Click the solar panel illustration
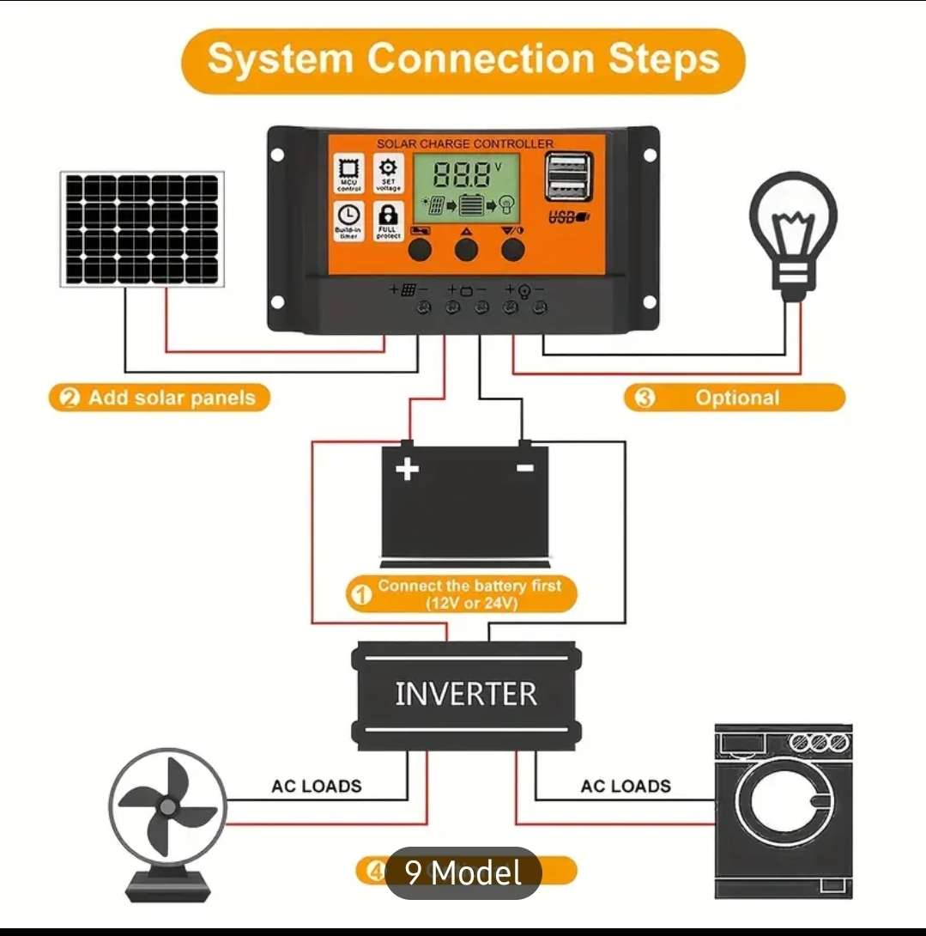tap(142, 228)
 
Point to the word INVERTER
tap(466, 694)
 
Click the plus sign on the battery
tap(407, 469)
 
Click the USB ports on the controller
tap(567, 177)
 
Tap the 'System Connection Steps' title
tap(463, 60)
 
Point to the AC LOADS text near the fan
tap(317, 786)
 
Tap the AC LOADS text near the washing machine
tap(626, 786)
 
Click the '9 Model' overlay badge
tap(463, 873)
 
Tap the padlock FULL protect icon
tap(388, 221)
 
